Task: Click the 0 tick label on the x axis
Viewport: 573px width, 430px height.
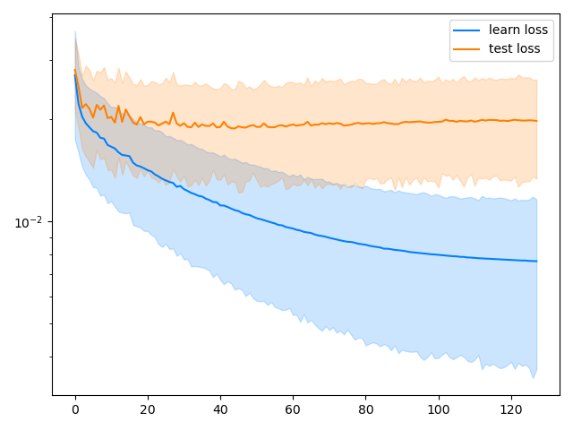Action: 75,410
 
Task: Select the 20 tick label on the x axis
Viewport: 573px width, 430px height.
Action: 148,410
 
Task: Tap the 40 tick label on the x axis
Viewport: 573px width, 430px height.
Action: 220,410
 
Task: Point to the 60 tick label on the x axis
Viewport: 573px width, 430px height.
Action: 293,410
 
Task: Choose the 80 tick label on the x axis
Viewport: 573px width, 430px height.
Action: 365,410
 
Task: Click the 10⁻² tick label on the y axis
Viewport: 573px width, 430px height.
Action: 30,222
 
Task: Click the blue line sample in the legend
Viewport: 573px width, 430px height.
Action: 468,30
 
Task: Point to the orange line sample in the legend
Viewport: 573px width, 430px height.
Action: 468,49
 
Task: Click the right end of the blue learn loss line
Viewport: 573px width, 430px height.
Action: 536,261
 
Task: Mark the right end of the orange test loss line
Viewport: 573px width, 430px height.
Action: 536,120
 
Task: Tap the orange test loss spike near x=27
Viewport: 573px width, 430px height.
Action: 173,113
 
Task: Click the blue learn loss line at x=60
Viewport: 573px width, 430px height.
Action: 293,226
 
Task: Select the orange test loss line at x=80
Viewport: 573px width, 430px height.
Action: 365,124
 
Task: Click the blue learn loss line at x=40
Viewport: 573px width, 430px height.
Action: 220,203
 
